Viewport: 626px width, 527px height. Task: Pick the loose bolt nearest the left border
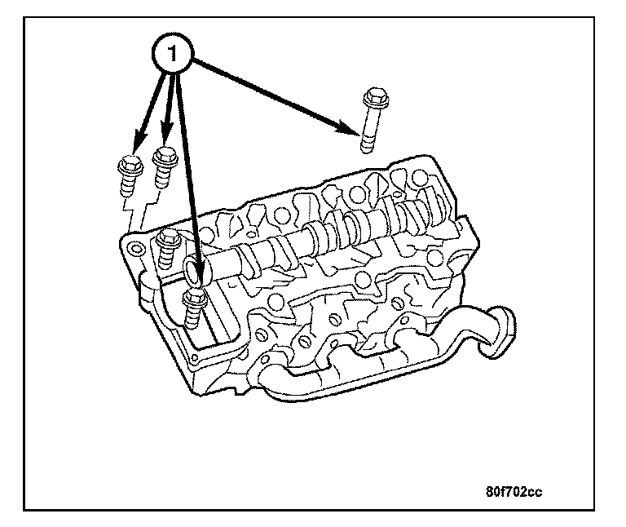129,175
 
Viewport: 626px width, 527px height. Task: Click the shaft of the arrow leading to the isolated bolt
277,94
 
